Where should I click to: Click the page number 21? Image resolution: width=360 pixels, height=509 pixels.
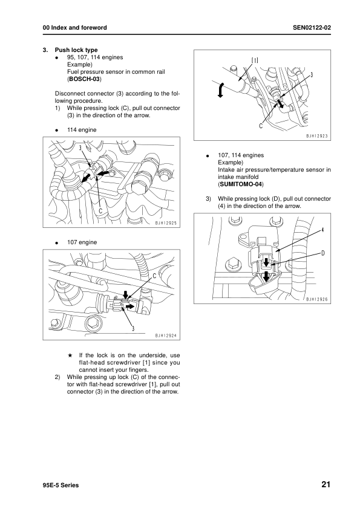(x=326, y=484)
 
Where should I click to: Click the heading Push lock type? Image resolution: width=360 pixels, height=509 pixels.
(x=76, y=50)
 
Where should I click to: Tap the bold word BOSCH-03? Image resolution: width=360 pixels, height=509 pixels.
(x=84, y=79)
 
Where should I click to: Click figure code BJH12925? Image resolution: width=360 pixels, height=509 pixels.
(x=163, y=224)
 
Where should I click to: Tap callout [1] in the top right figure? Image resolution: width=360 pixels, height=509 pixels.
(x=255, y=60)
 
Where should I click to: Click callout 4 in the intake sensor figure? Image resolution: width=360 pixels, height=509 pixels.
(x=322, y=230)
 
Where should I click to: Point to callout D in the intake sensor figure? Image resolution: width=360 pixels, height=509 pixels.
(x=323, y=252)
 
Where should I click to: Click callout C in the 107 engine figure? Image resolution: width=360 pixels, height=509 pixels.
(x=154, y=276)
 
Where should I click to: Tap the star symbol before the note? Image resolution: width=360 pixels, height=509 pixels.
(x=70, y=355)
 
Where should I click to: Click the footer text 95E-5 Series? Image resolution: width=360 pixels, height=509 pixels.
(x=57, y=485)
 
